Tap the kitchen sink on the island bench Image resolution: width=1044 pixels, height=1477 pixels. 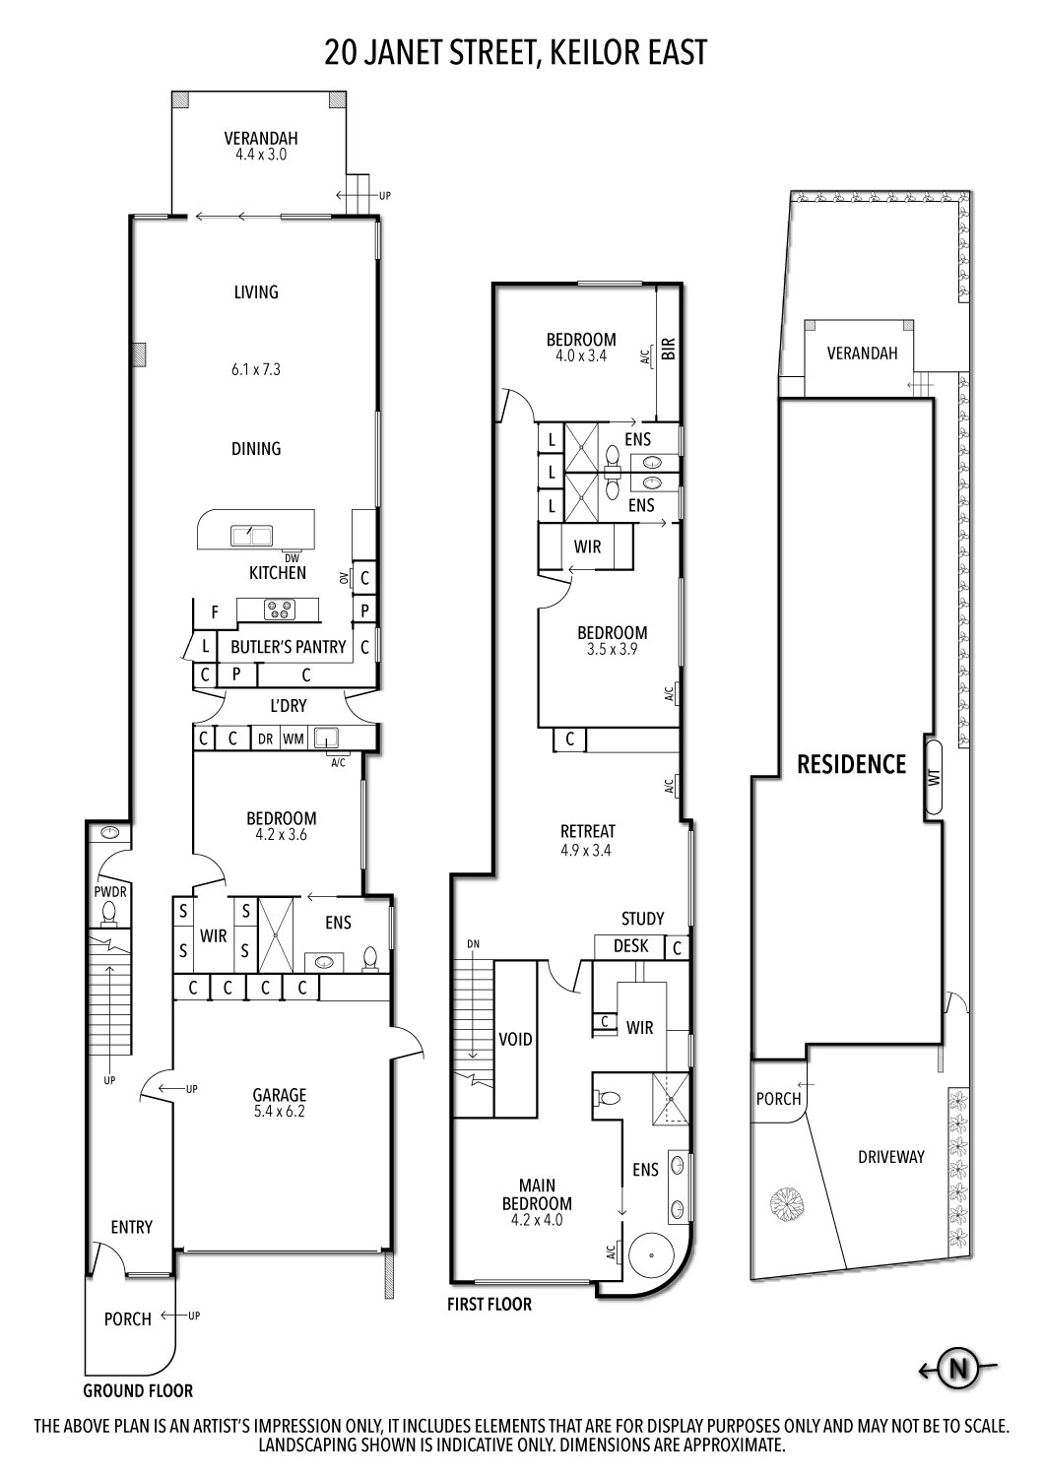point(251,535)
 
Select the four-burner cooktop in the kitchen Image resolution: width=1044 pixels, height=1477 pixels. point(278,610)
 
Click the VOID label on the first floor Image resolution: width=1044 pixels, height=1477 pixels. point(515,1039)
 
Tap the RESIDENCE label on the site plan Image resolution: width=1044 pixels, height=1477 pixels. point(851,763)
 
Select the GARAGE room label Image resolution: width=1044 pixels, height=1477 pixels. point(280,1094)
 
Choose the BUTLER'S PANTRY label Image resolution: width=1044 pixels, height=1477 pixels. point(288,647)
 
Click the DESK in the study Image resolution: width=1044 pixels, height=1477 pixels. point(630,945)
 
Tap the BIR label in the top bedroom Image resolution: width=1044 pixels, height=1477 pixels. point(669,350)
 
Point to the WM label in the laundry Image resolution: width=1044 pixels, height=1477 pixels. point(294,738)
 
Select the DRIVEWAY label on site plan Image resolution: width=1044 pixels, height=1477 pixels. point(890,1157)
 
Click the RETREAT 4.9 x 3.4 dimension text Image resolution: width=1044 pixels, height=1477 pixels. point(587,851)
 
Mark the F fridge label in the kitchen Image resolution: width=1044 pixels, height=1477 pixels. point(214,612)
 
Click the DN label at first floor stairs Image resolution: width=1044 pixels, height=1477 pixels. point(473,944)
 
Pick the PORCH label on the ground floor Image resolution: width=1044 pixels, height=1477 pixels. point(127,1318)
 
